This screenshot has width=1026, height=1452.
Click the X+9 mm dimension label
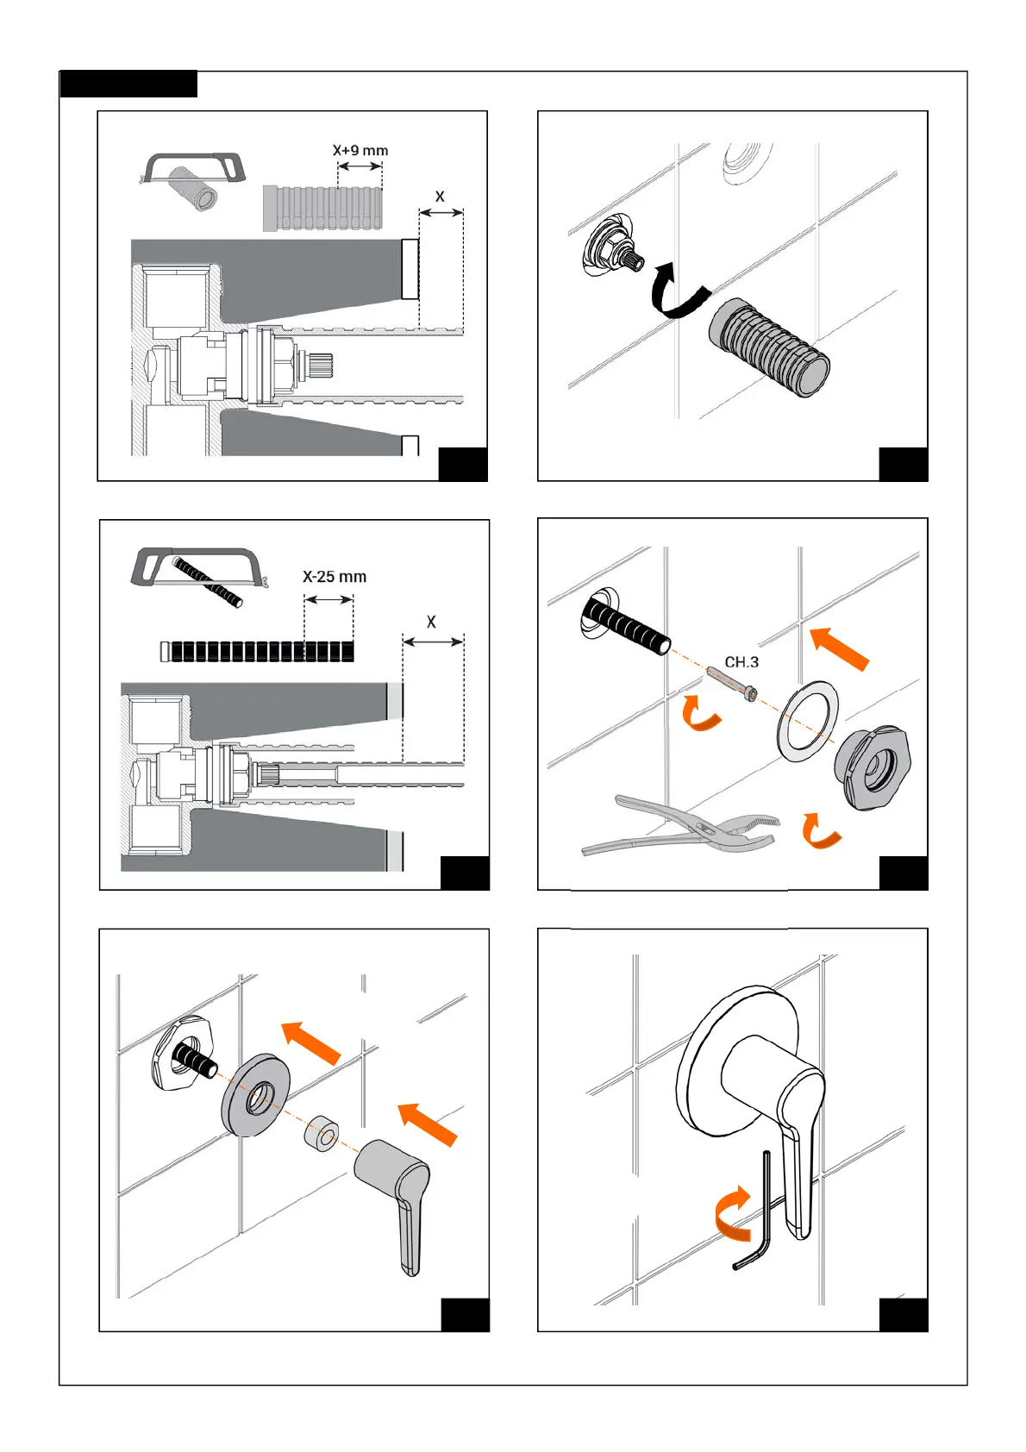coord(360,151)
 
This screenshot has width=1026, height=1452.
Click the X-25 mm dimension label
coord(335,577)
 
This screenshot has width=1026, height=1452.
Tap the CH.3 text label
coord(741,662)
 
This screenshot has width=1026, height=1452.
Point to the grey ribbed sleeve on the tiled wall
coord(769,347)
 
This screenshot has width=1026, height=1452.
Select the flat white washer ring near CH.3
coord(808,721)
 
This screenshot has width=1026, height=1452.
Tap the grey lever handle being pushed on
coord(397,1194)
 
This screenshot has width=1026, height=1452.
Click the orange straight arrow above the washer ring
coord(840,649)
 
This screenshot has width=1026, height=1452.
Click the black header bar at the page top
coord(128,84)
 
